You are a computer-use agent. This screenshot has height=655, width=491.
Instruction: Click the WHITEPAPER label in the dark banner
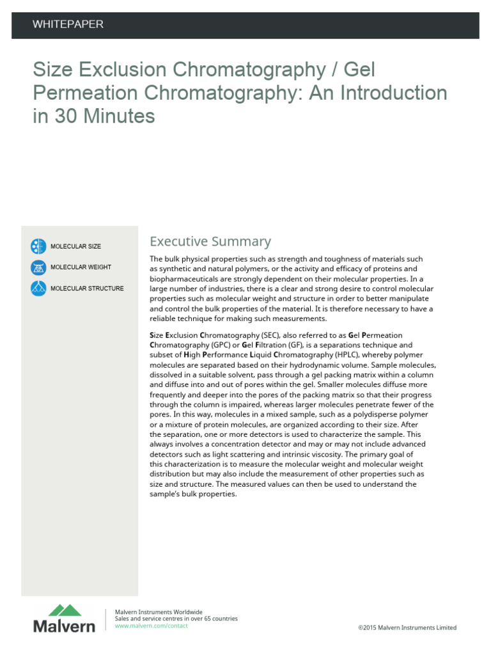coord(68,24)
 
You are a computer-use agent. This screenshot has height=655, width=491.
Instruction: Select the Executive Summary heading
coord(210,241)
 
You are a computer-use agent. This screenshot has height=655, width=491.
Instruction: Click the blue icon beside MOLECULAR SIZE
coord(38,246)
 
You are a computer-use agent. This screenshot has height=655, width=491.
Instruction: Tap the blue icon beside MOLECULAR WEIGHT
coord(38,267)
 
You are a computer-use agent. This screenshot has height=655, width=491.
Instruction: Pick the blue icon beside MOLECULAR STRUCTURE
coord(38,288)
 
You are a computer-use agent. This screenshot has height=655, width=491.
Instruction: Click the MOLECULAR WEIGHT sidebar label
coord(81,267)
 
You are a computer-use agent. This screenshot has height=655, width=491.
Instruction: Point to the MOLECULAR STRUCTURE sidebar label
coord(87,288)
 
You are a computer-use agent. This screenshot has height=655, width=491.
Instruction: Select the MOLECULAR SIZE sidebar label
coord(75,246)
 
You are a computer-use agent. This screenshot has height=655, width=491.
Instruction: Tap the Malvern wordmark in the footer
coord(64,627)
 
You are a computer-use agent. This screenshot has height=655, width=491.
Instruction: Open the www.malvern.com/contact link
coord(151,626)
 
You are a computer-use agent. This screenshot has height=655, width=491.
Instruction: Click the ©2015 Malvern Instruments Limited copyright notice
coord(407,628)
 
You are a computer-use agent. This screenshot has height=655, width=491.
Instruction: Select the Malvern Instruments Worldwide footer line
coord(158,612)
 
